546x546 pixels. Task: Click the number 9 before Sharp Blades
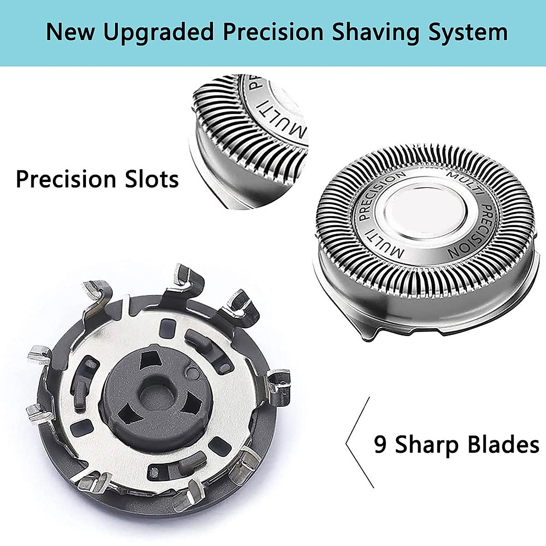tap(380, 444)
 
